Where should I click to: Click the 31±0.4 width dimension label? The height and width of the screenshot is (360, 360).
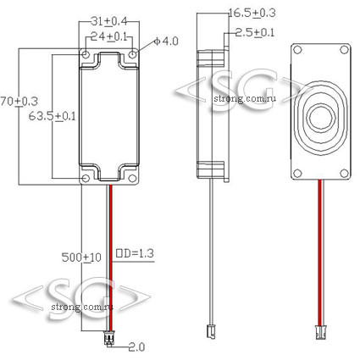[108, 21]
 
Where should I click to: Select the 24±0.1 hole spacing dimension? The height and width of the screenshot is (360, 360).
[108, 37]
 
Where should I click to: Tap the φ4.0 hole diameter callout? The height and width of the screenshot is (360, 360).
[166, 42]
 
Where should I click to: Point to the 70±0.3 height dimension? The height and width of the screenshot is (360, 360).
[19, 101]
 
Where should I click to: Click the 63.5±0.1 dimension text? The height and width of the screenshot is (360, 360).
[53, 116]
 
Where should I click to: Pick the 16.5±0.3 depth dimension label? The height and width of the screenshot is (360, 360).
[252, 13]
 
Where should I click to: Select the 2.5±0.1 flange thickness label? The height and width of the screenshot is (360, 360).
[255, 33]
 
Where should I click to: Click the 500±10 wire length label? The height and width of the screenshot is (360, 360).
[81, 258]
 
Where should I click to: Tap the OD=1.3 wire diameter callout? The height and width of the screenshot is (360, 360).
[135, 253]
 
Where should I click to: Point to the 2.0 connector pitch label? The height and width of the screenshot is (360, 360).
[136, 347]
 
